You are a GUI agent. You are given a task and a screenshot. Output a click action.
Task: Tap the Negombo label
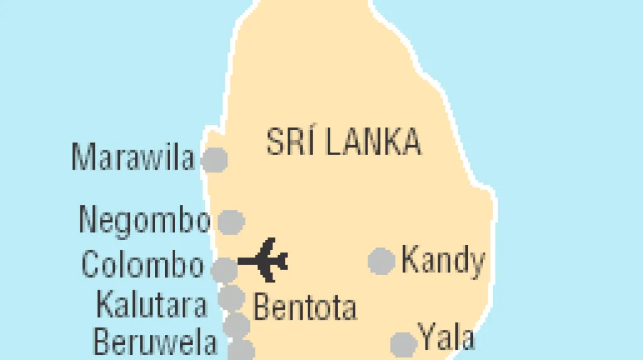click(144, 220)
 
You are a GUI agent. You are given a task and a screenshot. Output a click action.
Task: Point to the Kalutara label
click(151, 305)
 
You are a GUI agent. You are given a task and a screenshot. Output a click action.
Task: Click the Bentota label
click(305, 307)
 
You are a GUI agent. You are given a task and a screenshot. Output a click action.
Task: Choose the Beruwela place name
click(155, 342)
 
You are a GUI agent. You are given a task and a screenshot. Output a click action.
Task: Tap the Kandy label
click(443, 260)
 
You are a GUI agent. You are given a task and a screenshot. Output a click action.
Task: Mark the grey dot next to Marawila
click(214, 160)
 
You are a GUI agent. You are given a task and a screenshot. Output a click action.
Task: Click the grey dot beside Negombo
click(230, 221)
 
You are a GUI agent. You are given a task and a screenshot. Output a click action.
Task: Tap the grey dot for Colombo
click(224, 270)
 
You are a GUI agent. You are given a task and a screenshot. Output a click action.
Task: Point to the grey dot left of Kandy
click(381, 261)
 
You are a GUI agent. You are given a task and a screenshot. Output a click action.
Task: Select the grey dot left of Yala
click(403, 344)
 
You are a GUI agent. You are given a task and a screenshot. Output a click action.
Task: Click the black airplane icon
click(264, 259)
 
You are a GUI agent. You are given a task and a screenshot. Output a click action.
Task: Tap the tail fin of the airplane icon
click(281, 259)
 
